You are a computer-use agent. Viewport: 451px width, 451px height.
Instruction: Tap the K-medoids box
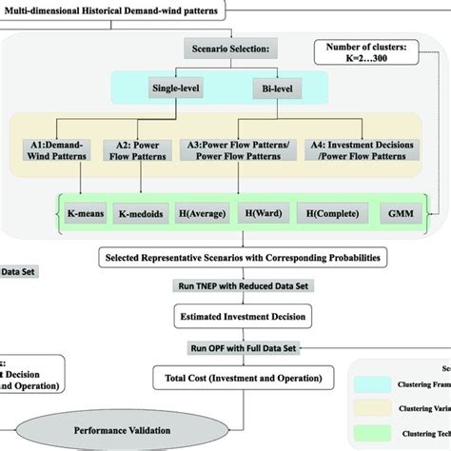tap(141, 217)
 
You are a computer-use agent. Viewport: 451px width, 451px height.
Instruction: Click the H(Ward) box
tap(265, 217)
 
